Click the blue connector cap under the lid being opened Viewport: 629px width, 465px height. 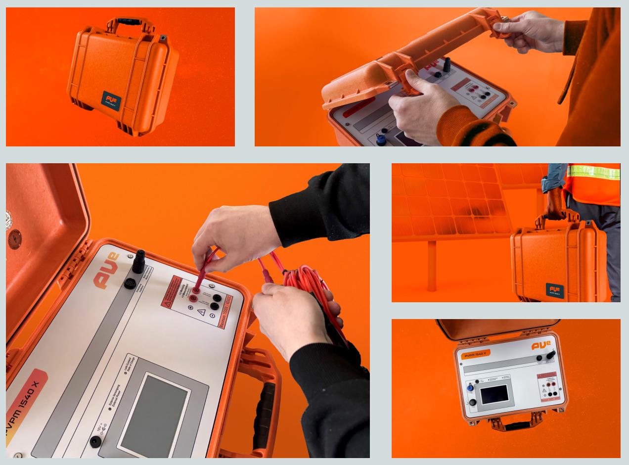coord(381,139)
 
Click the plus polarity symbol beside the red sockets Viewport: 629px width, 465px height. coord(190,308)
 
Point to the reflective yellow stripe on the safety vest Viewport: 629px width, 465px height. coord(593,172)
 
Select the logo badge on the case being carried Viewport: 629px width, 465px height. coord(555,290)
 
